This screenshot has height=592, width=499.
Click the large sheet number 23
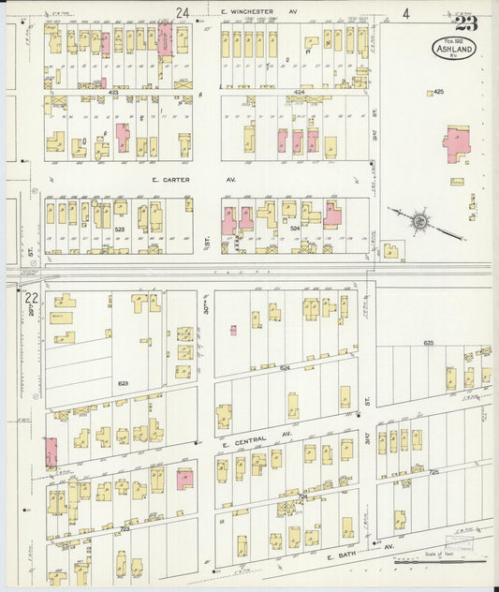[x=464, y=24]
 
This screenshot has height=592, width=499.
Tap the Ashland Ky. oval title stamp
[x=454, y=49]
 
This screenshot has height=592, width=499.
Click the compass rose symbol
[x=419, y=221]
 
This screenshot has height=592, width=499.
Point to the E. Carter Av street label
[x=170, y=179]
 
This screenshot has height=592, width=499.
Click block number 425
[x=438, y=92]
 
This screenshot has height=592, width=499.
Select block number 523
[x=119, y=229]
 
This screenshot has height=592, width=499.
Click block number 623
[x=123, y=384]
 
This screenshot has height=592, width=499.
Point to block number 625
[x=428, y=344]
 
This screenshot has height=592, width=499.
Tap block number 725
[x=433, y=473]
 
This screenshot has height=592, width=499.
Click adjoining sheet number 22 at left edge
[x=32, y=298]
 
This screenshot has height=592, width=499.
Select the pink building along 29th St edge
[x=50, y=453]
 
